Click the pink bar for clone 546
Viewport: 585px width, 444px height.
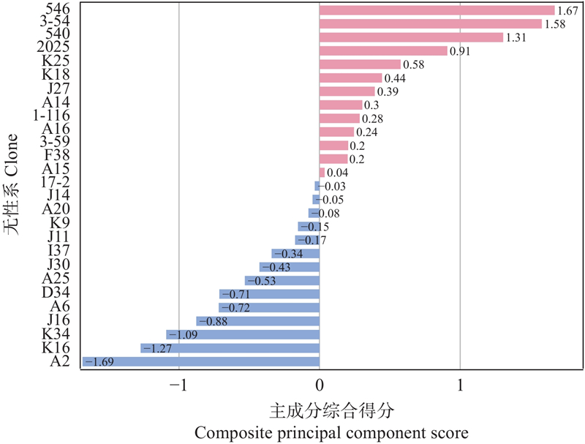tap(437, 10)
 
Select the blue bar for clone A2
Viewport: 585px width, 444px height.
tap(201, 361)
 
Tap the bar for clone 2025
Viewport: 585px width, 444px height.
tap(383, 51)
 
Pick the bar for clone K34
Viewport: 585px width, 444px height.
tap(243, 334)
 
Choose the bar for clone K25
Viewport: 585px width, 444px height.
tap(360, 64)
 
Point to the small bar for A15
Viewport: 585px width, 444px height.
tap(322, 173)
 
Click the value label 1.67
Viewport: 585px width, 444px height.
tap(567, 11)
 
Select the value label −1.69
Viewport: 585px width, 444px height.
tap(99, 361)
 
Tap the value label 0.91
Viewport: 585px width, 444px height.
tap(459, 51)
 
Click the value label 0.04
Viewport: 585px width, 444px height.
tap(337, 173)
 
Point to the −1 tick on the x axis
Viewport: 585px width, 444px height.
tap(179, 385)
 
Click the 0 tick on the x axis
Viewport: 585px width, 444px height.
tap(320, 385)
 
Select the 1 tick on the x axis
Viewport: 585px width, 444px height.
tap(460, 385)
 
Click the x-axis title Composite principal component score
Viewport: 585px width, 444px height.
tap(331, 432)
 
